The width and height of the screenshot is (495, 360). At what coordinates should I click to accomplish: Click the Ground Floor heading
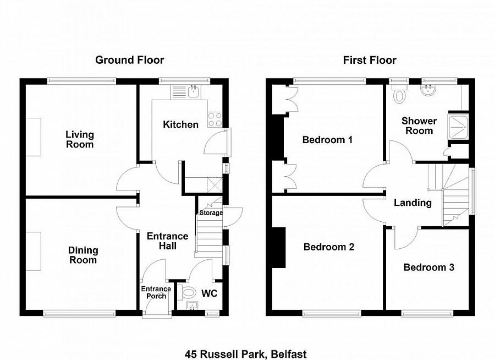click(x=129, y=60)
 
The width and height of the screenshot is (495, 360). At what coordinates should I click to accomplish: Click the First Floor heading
click(x=370, y=60)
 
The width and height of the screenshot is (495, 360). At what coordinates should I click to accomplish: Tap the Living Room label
click(x=80, y=139)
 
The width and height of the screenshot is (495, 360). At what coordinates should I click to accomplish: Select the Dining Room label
click(x=83, y=255)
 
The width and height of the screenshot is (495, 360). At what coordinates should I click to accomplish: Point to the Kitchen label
click(x=180, y=124)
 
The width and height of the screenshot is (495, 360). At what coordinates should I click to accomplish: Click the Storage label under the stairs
click(x=211, y=213)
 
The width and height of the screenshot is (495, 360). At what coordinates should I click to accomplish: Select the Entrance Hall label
click(x=167, y=241)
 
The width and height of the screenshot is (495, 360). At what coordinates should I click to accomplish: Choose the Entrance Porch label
click(x=156, y=292)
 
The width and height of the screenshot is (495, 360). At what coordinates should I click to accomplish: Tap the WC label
click(x=210, y=293)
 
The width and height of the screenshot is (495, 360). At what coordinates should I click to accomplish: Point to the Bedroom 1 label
click(x=327, y=140)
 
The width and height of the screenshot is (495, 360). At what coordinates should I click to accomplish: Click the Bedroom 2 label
click(x=329, y=247)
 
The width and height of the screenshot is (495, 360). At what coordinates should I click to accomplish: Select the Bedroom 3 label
click(x=428, y=268)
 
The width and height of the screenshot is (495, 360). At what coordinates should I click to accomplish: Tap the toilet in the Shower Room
click(x=399, y=94)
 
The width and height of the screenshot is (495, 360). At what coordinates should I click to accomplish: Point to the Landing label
click(x=413, y=203)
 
